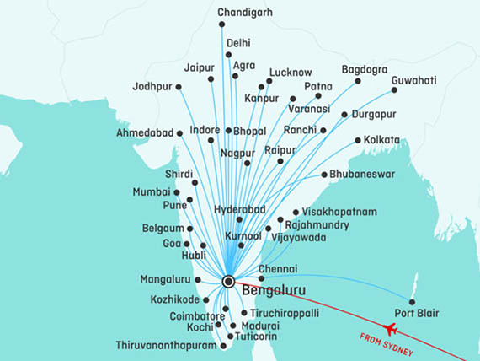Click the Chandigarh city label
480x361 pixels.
click(x=246, y=13)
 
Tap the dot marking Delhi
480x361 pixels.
click(x=228, y=55)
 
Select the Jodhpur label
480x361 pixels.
click(x=152, y=86)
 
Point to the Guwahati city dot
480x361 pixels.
click(x=393, y=90)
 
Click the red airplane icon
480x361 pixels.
click(x=390, y=328)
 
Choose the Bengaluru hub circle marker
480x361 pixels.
click(x=228, y=281)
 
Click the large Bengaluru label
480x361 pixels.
click(x=273, y=291)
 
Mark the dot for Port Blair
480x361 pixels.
click(x=412, y=302)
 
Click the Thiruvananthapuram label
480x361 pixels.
click(x=167, y=345)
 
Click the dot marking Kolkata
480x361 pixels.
click(x=358, y=140)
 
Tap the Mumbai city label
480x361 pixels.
click(x=152, y=192)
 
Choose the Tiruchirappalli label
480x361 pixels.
click(x=291, y=312)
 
